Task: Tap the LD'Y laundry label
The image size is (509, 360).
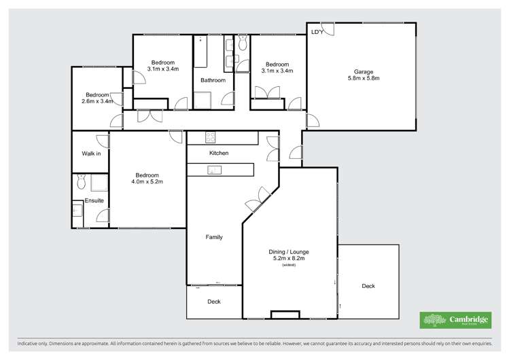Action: pyautogui.click(x=317, y=32)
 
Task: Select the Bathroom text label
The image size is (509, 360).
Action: pyautogui.click(x=213, y=80)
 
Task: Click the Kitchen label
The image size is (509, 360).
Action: pyautogui.click(x=219, y=153)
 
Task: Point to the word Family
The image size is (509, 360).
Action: pyautogui.click(x=214, y=237)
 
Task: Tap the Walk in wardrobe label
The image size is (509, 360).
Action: pyautogui.click(x=91, y=154)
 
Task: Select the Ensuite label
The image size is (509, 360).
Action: pyautogui.click(x=94, y=200)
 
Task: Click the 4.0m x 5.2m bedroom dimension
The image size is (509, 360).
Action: pyautogui.click(x=147, y=182)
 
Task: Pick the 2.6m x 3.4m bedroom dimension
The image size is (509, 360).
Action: pyautogui.click(x=96, y=102)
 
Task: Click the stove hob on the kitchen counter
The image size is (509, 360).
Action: pyautogui.click(x=211, y=138)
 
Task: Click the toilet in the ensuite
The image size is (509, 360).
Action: pyautogui.click(x=81, y=181)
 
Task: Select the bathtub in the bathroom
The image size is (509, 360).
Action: pyautogui.click(x=200, y=52)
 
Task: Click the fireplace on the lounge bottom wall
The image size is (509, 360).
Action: pyautogui.click(x=284, y=314)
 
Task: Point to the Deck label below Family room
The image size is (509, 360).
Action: pyautogui.click(x=214, y=302)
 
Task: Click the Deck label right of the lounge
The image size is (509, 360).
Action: pyautogui.click(x=368, y=286)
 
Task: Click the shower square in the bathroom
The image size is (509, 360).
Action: pyautogui.click(x=203, y=100)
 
